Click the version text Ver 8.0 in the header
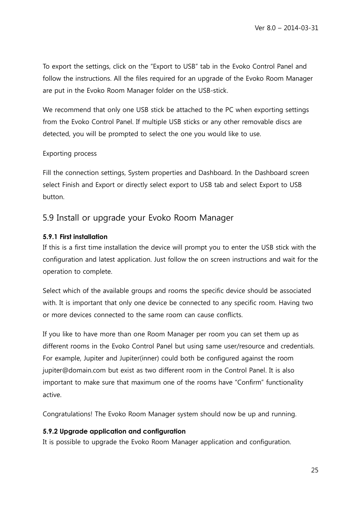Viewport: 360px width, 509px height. (x=266, y=28)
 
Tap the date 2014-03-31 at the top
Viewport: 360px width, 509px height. (x=301, y=28)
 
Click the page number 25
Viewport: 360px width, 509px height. (x=315, y=470)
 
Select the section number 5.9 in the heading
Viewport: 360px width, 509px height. (x=48, y=218)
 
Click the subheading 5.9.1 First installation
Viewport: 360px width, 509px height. (x=75, y=237)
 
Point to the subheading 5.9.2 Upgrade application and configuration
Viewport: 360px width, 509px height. (x=114, y=431)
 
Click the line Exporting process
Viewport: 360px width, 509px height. (x=69, y=153)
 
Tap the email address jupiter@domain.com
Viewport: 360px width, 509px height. (x=74, y=370)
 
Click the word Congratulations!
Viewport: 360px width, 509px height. (x=68, y=414)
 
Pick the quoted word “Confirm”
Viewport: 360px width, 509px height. (x=249, y=382)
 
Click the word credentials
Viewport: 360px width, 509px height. (x=297, y=346)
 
